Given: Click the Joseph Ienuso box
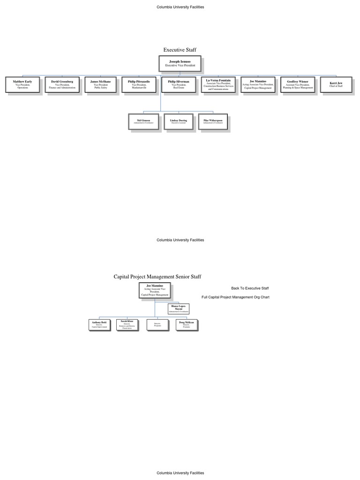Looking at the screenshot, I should pos(180,63).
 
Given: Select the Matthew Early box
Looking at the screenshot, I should pos(22,84).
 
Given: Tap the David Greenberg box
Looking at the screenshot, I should pos(62,84).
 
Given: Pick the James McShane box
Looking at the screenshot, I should pos(101,84).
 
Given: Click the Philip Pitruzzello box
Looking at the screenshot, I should pos(139,84).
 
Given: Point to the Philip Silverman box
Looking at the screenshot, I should pos(179,84).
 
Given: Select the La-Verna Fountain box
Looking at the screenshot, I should pos(218,84).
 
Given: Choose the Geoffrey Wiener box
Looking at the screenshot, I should pos(298,84).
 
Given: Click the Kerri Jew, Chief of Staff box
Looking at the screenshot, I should pos(336,84).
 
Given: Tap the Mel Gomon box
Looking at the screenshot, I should pos(143,121).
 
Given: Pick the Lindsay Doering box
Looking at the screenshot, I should pos(178,121).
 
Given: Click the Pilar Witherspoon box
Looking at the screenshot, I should pos(213,121).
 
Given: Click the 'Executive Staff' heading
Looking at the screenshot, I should pos(180,50).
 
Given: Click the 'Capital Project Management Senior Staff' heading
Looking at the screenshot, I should pos(157,277).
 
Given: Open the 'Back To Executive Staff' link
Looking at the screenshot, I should pos(250,288).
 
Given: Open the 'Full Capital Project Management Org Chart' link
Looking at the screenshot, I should pos(235,297).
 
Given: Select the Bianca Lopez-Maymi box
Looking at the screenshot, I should pos(179,308).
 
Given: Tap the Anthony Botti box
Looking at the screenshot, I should pos(99,324).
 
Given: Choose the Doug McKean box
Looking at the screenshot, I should pos(186,324).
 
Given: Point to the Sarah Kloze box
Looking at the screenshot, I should pos(127,324).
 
